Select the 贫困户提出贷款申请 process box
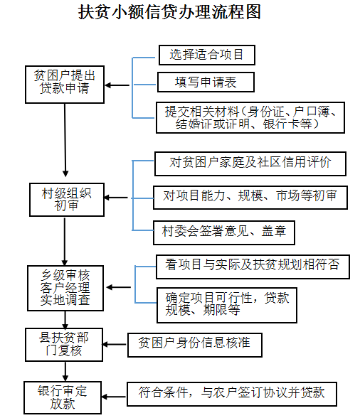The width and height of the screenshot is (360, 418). pyautogui.click(x=65, y=83)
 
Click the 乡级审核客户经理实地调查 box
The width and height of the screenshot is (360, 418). pyautogui.click(x=65, y=288)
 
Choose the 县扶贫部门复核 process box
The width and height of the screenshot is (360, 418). pyautogui.click(x=65, y=344)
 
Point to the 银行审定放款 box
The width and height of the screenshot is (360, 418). pyautogui.click(x=65, y=396)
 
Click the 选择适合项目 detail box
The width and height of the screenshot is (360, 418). pyautogui.click(x=206, y=55)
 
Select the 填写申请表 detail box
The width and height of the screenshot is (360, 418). pyautogui.click(x=206, y=82)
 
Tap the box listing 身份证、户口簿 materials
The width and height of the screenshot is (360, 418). pyautogui.click(x=254, y=118)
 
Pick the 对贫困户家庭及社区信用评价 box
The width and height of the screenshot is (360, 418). pyautogui.click(x=250, y=163)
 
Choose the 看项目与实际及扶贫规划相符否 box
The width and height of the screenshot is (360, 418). pyautogui.click(x=252, y=266)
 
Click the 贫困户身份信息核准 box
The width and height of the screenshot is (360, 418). pyautogui.click(x=194, y=344)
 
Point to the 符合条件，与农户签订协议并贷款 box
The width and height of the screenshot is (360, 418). pyautogui.click(x=231, y=392)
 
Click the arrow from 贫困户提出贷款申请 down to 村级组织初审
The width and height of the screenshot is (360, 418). pyautogui.click(x=65, y=141)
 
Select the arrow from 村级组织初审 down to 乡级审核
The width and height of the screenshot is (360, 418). pyautogui.click(x=65, y=238)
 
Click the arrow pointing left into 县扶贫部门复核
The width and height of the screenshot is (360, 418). pyautogui.click(x=114, y=345)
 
